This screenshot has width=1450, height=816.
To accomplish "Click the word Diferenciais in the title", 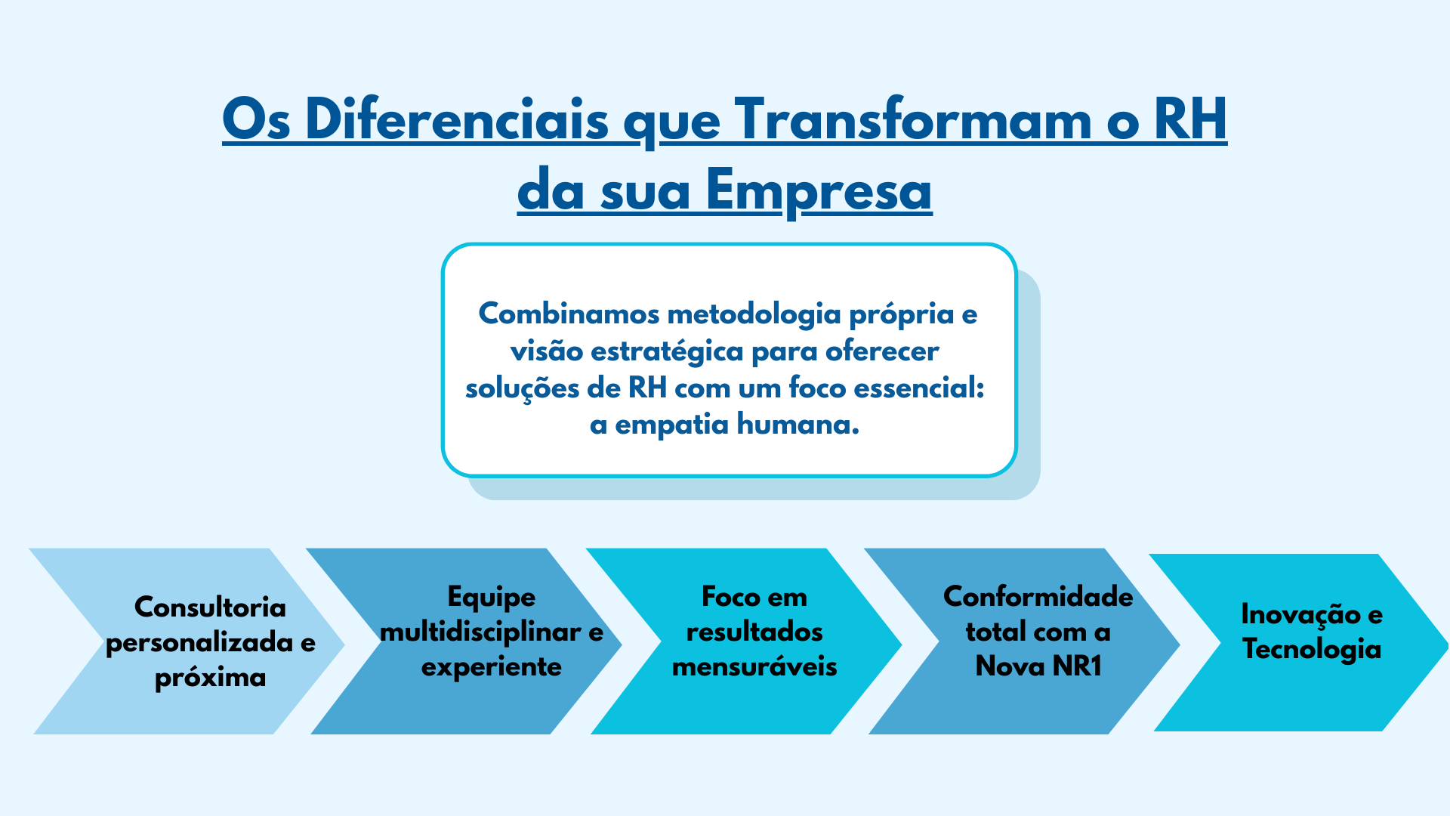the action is pos(457,119).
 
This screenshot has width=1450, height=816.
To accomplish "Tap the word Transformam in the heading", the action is pos(913,119).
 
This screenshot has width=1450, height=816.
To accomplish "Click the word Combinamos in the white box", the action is pos(569,314).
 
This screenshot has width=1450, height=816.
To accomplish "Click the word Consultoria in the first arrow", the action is pos(210,607).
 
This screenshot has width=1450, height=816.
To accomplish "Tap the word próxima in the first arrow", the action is pos(210,678).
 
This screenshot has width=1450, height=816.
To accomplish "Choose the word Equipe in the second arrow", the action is pos(491,598).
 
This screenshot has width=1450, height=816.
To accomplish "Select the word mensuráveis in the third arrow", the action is pos(754,666).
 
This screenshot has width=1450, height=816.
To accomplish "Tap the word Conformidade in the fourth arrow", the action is pos(1038,596).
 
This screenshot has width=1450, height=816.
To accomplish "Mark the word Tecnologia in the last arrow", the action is pos(1313,650).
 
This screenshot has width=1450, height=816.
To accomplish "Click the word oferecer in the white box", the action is pos(882,351).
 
